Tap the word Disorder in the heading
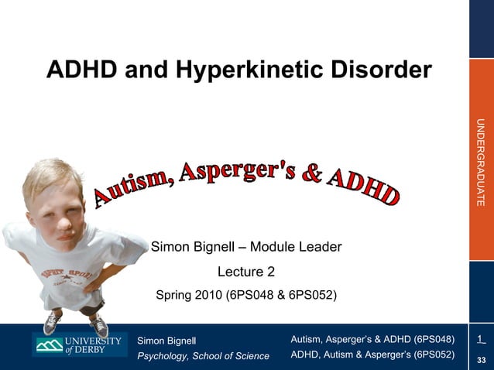pos(379,70)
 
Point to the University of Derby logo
pos(77,345)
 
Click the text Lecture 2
pos(245,272)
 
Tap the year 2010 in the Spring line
pos(205,295)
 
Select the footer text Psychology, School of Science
pos(203,356)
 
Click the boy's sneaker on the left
pos(51,324)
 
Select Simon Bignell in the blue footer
pos(167,341)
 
